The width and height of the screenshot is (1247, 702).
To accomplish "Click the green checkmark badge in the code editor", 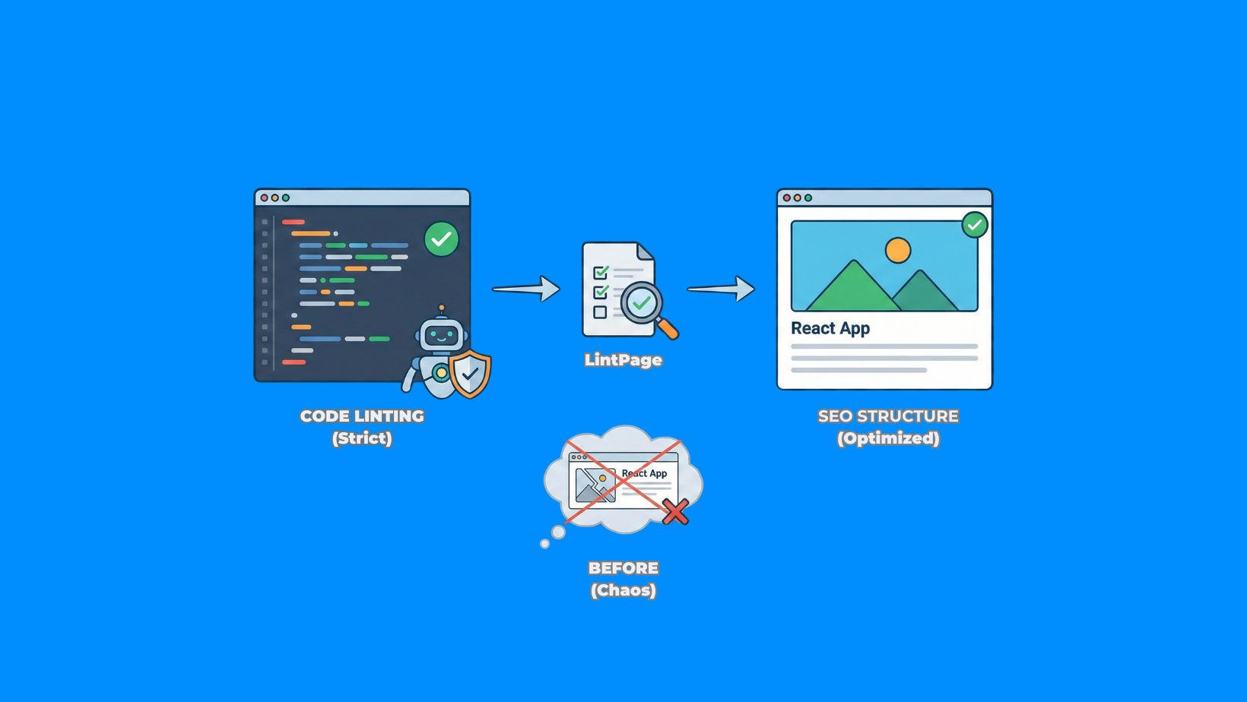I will click(441, 239).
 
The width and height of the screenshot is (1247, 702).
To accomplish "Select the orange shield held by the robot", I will click(470, 373).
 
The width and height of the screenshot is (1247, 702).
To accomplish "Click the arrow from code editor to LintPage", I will click(526, 289).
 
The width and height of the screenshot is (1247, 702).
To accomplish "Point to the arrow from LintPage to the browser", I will click(721, 289).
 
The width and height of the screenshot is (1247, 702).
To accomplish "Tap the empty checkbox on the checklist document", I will click(600, 312).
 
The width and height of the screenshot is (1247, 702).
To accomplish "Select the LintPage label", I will click(623, 360).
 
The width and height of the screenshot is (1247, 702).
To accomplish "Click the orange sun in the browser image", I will click(898, 250).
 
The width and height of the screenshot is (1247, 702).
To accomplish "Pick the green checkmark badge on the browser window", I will click(974, 225).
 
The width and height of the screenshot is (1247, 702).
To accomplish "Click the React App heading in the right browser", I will click(830, 328).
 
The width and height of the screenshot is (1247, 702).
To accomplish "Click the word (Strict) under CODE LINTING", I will click(362, 438).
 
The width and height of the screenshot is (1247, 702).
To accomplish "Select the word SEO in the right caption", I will click(835, 416).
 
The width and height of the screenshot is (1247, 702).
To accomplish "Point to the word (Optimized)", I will click(888, 438).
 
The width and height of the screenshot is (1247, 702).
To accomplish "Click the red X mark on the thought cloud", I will click(674, 511).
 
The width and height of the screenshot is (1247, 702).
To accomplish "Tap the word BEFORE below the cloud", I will click(623, 568).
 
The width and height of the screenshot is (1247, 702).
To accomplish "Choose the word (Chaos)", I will click(623, 590).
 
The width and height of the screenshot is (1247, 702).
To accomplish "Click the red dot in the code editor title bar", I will click(265, 198).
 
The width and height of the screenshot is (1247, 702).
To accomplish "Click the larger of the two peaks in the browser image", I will click(852, 289).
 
